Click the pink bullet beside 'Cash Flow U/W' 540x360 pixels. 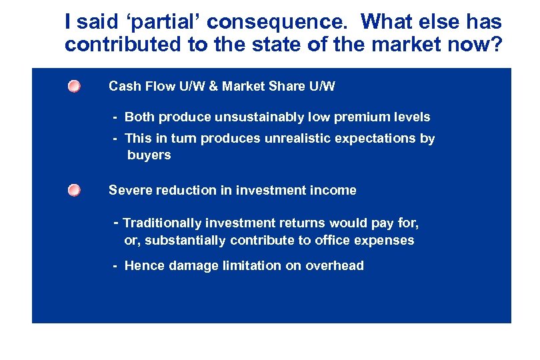(74, 87)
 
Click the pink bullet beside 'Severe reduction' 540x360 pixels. (74, 191)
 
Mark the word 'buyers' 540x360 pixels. (149, 155)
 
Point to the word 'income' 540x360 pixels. (333, 191)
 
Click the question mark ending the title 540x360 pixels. (496, 45)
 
